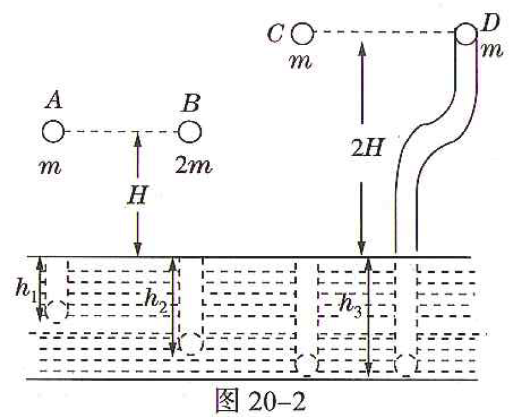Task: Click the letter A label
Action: tap(54, 100)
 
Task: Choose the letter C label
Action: tap(276, 34)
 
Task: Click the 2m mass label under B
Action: tap(193, 165)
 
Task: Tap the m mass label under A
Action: tap(50, 167)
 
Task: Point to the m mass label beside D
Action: tap(492, 51)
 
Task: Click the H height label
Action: tap(138, 195)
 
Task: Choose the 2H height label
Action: tap(366, 147)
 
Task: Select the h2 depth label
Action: tap(155, 301)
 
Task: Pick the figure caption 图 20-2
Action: tap(260, 401)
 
